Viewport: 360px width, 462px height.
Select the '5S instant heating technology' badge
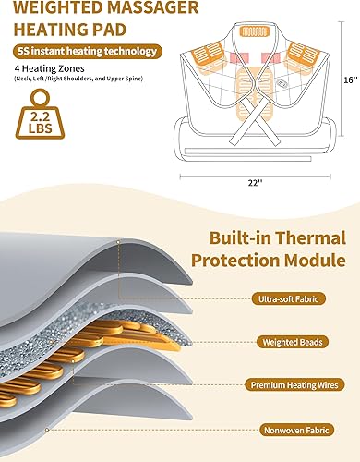(85, 52)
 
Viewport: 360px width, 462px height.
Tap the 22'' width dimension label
(256, 179)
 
